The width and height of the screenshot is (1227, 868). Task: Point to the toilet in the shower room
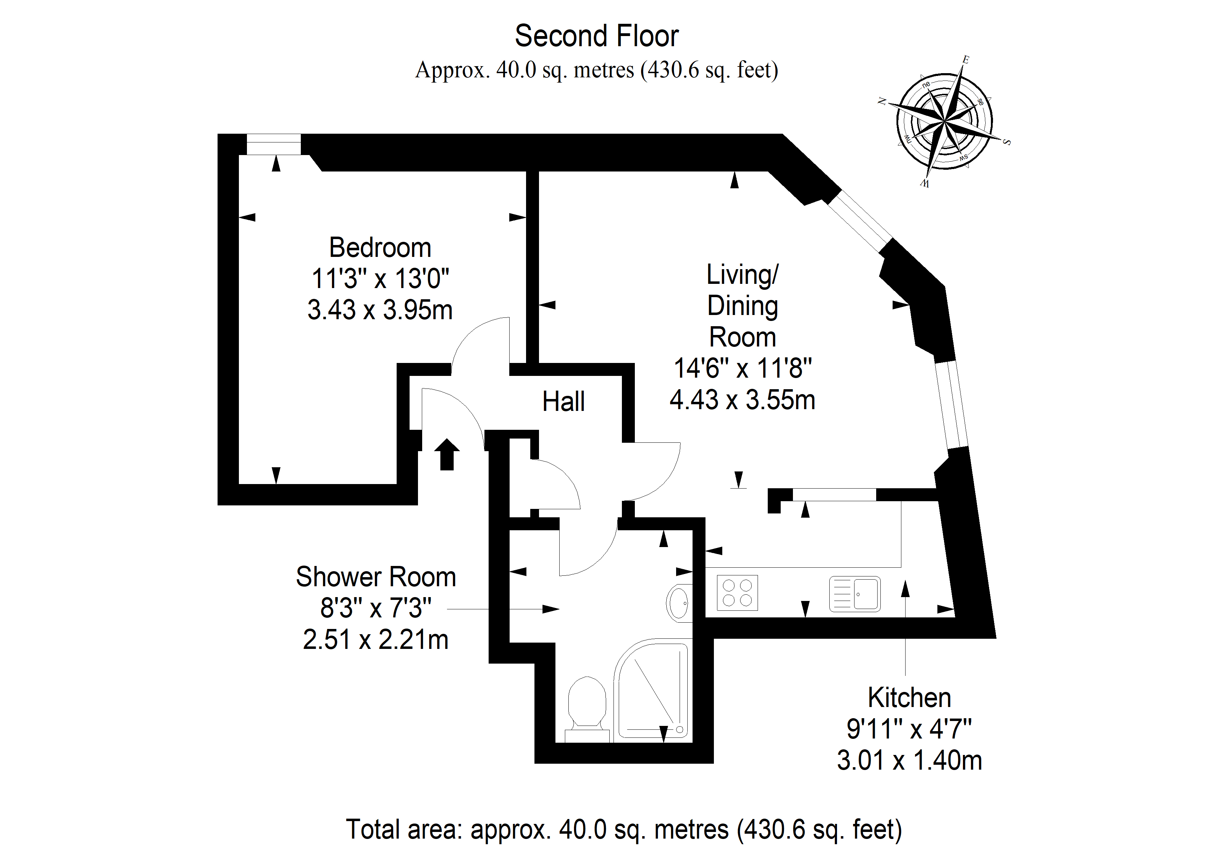click(587, 710)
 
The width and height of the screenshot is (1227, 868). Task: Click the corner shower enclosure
click(651, 691)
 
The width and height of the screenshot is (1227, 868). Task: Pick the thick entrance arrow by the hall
click(447, 455)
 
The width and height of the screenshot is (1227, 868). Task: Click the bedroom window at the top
click(274, 145)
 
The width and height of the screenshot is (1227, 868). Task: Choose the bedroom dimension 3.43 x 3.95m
click(380, 310)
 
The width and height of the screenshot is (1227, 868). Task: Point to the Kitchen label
click(909, 698)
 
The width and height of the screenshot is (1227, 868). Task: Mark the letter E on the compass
click(966, 60)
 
